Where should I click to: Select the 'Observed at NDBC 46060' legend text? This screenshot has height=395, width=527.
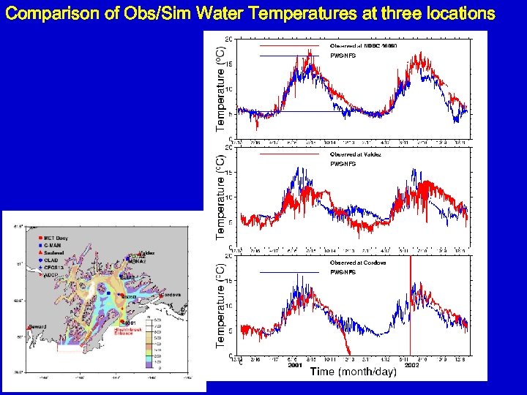click(363, 46)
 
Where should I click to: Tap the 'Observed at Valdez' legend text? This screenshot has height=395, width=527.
click(355, 154)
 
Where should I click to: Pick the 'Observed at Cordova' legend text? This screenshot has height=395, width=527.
click(357, 263)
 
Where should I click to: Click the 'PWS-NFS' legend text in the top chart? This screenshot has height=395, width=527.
click(343, 56)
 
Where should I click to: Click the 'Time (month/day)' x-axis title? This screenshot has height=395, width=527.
click(354, 372)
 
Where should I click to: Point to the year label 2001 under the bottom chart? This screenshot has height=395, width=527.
click(295, 364)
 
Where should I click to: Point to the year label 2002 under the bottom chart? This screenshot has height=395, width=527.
click(411, 364)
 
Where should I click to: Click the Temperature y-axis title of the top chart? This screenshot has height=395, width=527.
click(220, 88)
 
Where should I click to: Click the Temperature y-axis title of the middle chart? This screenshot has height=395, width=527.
click(220, 195)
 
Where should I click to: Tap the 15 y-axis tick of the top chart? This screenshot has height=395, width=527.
click(229, 64)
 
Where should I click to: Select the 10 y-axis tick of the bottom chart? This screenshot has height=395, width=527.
click(229, 306)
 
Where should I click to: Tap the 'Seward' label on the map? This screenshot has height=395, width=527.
click(37, 326)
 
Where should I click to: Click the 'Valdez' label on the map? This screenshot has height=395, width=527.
click(146, 253)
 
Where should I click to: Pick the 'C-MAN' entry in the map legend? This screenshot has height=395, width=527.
click(53, 245)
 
